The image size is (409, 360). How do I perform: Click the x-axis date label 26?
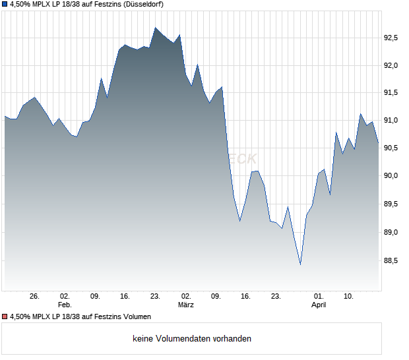35,297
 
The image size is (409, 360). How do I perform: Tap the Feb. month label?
64,305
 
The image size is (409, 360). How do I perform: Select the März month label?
185,305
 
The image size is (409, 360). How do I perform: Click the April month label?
319,305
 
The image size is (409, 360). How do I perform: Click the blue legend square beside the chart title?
5,4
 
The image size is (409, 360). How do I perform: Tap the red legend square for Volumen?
5,316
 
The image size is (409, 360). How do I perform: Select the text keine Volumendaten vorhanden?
192,339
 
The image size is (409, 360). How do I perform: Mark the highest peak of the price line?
156,28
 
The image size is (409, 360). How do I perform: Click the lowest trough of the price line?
300,264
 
